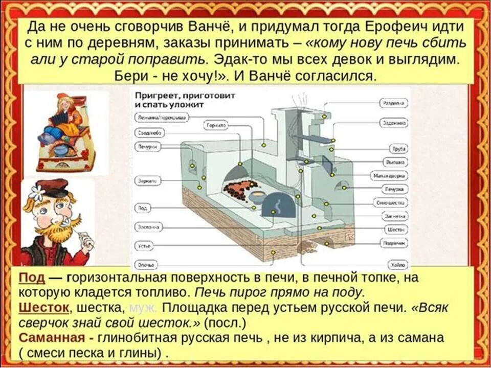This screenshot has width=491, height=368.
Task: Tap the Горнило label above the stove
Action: coord(217,125)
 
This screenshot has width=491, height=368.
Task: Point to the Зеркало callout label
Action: coord(148,181)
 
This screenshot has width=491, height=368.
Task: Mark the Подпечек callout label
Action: coord(395,243)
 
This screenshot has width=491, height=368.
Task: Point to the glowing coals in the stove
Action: coord(237,189)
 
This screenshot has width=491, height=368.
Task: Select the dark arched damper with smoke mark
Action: coord(278,205)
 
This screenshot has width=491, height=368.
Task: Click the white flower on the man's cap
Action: coord(37,192)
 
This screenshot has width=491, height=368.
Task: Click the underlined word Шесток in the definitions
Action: coord(43,308)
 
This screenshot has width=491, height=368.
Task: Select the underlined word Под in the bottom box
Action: coord(32,278)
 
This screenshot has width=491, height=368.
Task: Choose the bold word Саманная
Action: coord(51,338)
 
